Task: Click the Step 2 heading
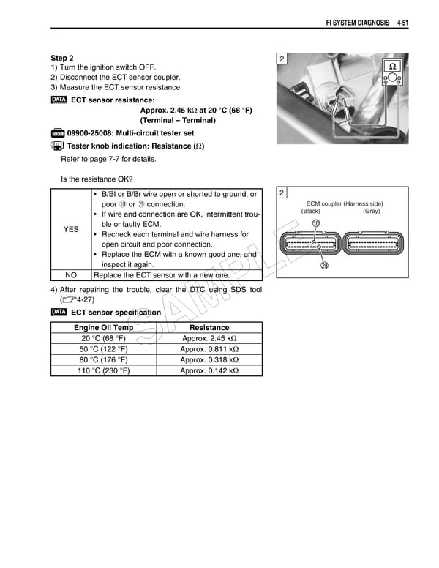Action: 62,58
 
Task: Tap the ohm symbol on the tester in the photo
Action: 392,66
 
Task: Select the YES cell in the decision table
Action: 71,229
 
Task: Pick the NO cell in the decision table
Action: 71,274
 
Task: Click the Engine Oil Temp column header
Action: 103,327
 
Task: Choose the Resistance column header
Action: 209,327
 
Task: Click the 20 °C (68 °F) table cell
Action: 103,339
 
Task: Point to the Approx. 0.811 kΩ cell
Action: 209,349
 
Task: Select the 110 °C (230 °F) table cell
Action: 103,371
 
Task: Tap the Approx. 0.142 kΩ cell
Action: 209,371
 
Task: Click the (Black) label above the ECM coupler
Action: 310,211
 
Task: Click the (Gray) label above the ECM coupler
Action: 371,211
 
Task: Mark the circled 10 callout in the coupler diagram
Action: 315,223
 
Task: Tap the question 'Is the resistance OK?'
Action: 97,179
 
